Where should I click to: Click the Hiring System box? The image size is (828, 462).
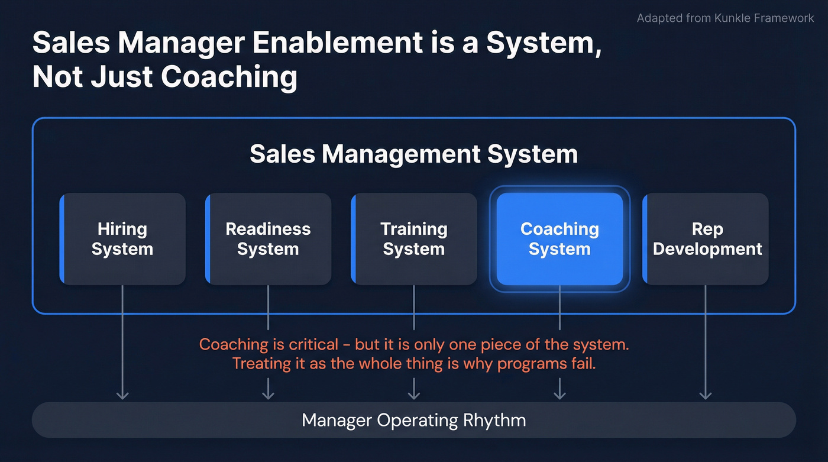tap(122, 239)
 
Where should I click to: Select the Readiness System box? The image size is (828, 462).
tap(268, 239)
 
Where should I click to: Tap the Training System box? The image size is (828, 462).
tap(414, 239)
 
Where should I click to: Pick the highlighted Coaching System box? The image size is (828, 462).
tap(559, 239)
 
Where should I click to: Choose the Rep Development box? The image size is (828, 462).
tap(706, 239)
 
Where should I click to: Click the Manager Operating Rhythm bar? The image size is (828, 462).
tap(414, 420)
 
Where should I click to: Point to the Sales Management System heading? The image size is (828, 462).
tap(413, 154)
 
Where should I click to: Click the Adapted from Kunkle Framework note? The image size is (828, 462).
tap(725, 18)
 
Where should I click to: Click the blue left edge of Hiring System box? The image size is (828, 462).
tap(62, 239)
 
